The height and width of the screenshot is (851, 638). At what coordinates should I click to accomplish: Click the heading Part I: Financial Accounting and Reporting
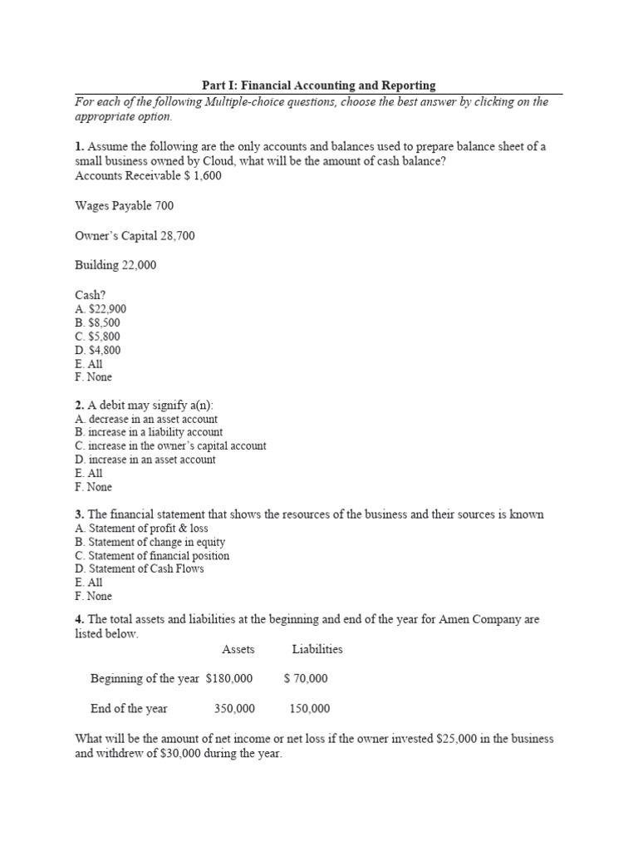pyautogui.click(x=319, y=86)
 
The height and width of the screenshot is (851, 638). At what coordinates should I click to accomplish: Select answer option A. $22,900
pyautogui.click(x=101, y=309)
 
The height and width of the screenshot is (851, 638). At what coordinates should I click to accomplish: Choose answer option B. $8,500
pyautogui.click(x=97, y=322)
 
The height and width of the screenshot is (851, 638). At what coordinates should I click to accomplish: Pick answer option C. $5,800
pyautogui.click(x=97, y=337)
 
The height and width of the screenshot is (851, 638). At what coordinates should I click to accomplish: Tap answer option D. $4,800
pyautogui.click(x=97, y=350)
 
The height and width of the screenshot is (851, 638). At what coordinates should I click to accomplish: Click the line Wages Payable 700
pyautogui.click(x=125, y=205)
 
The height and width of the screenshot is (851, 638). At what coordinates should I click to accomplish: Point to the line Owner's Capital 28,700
pyautogui.click(x=135, y=235)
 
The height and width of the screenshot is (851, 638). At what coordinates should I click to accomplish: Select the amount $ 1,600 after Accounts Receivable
pyautogui.click(x=203, y=175)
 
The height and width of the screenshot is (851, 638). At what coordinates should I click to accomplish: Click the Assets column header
pyautogui.click(x=238, y=649)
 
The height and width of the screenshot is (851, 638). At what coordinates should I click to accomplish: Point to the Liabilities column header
pyautogui.click(x=317, y=649)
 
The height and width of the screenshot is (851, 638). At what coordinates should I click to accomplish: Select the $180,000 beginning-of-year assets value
pyautogui.click(x=229, y=679)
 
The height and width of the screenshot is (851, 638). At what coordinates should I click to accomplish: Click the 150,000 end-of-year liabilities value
pyautogui.click(x=309, y=709)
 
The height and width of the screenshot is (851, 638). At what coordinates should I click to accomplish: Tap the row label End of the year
pyautogui.click(x=129, y=709)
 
